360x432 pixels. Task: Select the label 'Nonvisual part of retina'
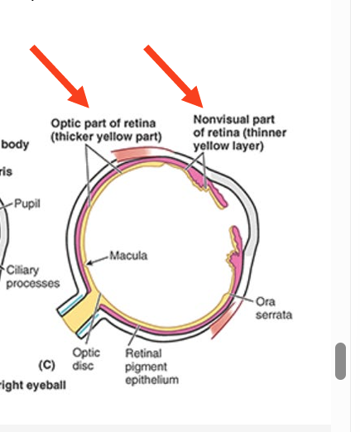click(x=234, y=119)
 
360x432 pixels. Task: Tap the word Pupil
click(x=26, y=204)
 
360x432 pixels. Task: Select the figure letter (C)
click(x=46, y=363)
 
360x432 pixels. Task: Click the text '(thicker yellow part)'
click(x=107, y=136)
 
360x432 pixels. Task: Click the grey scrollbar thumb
click(x=339, y=360)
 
